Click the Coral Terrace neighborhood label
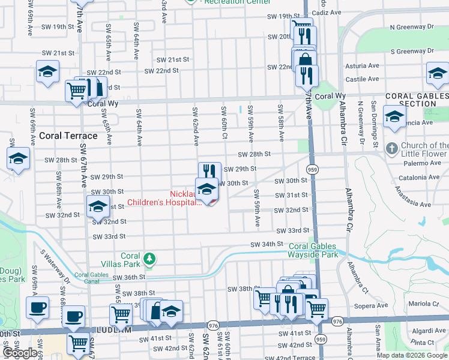pos(64,136)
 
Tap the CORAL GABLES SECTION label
pos(416,100)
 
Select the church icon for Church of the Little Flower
pos(391,148)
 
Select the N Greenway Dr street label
pos(411,27)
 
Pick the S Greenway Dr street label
pos(411,52)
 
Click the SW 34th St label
pos(267,244)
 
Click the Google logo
pos(20,353)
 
